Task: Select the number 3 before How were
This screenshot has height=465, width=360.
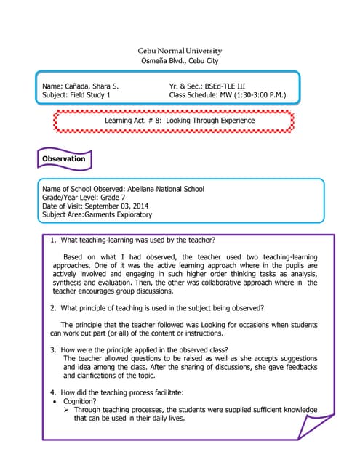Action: (53, 349)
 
